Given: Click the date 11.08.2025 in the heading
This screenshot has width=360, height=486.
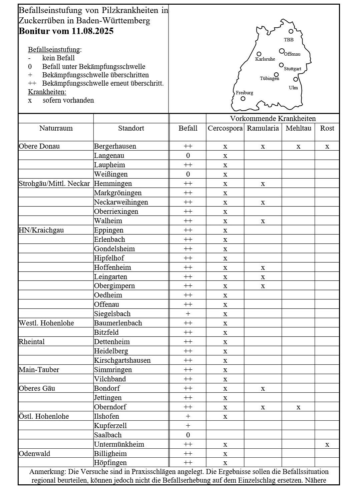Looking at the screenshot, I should pyautogui.click(x=92, y=31).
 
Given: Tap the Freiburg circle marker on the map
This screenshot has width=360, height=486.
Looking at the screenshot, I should pyautogui.click(x=243, y=99).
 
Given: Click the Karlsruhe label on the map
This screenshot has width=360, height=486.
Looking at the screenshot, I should pyautogui.click(x=265, y=59).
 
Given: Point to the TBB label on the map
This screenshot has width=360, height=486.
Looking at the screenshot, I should pyautogui.click(x=289, y=40).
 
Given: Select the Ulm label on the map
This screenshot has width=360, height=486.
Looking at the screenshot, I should pyautogui.click(x=293, y=88).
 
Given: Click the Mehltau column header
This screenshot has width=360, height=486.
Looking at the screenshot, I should pyautogui.click(x=298, y=128).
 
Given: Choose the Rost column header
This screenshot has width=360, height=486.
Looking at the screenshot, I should pyautogui.click(x=327, y=128).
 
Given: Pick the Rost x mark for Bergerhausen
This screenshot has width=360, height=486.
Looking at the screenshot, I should pyautogui.click(x=327, y=146).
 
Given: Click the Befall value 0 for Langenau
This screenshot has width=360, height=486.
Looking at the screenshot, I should pyautogui.click(x=188, y=156).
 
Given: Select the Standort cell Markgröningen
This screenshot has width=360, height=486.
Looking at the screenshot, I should pyautogui.click(x=118, y=193).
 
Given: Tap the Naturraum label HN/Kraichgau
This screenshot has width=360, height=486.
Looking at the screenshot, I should pyautogui.click(x=41, y=230).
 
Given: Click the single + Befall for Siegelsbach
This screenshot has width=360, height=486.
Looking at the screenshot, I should pyautogui.click(x=188, y=314).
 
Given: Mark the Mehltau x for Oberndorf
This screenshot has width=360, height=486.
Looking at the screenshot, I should pyautogui.click(x=298, y=407).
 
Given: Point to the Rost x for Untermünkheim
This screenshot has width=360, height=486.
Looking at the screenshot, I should pyautogui.click(x=327, y=444).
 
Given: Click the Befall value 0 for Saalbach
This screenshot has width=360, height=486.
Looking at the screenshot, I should pyautogui.click(x=188, y=435).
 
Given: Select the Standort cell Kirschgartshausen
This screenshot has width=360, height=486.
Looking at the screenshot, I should pyautogui.click(x=122, y=360).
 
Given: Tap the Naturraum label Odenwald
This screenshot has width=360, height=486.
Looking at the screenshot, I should pyautogui.click(x=35, y=454).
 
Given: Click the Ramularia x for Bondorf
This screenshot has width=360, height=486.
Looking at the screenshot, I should pyautogui.click(x=263, y=389).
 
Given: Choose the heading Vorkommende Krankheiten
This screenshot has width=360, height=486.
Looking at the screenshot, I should pyautogui.click(x=273, y=119).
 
